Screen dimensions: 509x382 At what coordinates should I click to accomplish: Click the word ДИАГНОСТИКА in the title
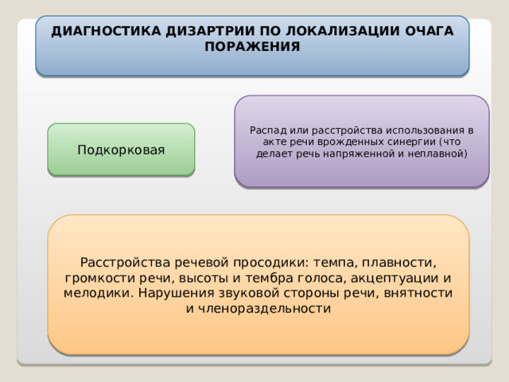[106, 31]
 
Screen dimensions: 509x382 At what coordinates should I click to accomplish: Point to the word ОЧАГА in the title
[429, 31]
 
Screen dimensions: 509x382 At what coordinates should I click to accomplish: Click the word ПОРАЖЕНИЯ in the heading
[252, 46]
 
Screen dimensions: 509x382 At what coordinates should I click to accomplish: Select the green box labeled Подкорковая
[121, 150]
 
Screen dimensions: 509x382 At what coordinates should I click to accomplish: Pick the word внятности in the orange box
[418, 293]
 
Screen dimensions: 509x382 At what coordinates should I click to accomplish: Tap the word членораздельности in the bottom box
[264, 308]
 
